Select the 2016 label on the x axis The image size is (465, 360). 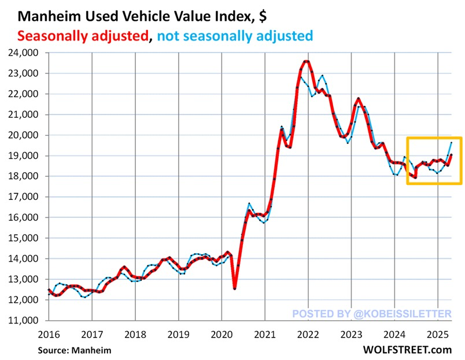(49, 334)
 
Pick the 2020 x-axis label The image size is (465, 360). (222, 334)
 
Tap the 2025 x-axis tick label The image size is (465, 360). (437, 334)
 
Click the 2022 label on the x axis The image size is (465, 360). (308, 334)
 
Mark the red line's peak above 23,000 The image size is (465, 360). (307, 61)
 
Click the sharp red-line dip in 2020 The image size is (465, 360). (235, 288)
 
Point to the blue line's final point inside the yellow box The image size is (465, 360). (452, 142)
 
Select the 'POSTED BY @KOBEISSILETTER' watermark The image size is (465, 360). (371, 313)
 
